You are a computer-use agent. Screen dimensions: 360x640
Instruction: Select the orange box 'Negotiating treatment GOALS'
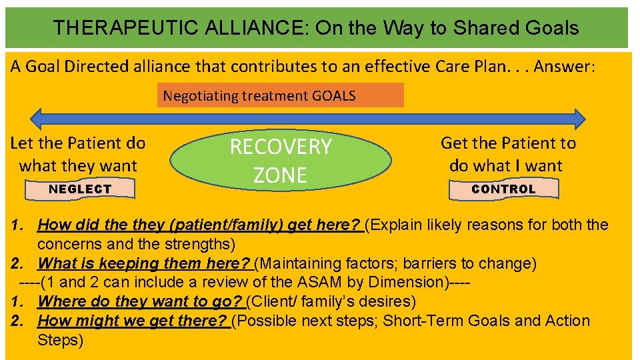pos(280,95)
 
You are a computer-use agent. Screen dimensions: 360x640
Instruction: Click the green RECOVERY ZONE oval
pos(281,160)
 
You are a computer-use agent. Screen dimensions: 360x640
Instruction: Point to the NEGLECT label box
pos(80,189)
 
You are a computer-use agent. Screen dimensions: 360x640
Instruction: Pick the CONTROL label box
pos(503,189)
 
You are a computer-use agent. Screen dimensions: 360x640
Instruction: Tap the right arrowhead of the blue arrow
pos(578,119)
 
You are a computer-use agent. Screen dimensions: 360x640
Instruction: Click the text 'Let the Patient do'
pos(78,143)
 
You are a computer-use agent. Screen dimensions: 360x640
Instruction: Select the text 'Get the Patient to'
pos(508,143)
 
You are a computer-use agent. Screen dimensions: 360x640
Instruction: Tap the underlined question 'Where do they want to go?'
pos(140,301)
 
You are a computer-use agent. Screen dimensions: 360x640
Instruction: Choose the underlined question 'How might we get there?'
pos(133,321)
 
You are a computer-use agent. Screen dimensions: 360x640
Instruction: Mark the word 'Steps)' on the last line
pos(61,340)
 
